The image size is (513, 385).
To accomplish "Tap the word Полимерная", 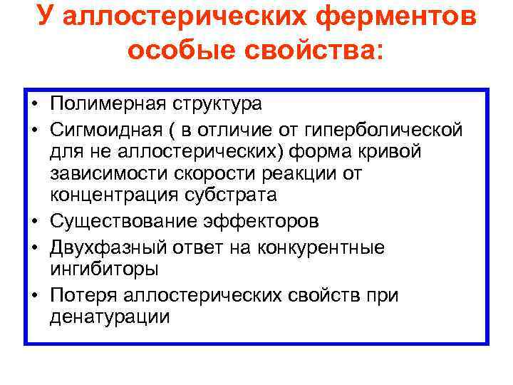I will coord(108,104).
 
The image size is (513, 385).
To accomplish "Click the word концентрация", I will coord(115,196).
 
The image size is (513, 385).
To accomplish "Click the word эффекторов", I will coord(259,222).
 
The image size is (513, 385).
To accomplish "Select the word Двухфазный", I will coord(105,247).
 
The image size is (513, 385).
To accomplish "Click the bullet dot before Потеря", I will coord(34,295).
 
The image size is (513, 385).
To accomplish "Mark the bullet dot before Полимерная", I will coord(34,105).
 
